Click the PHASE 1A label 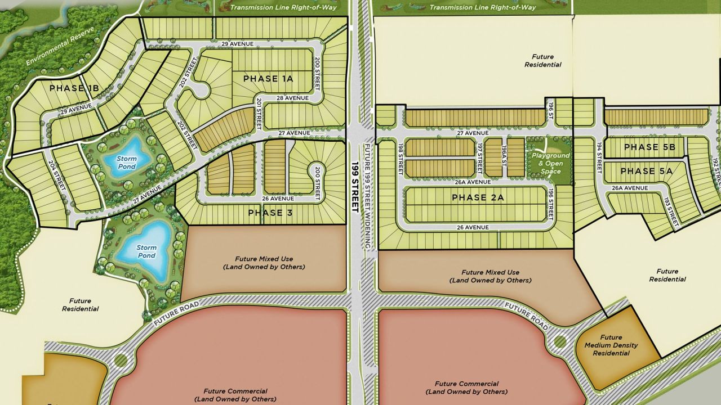[268, 79]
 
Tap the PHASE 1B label [74, 88]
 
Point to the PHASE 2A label [477, 197]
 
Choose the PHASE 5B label [649, 147]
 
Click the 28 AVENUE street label [292, 98]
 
